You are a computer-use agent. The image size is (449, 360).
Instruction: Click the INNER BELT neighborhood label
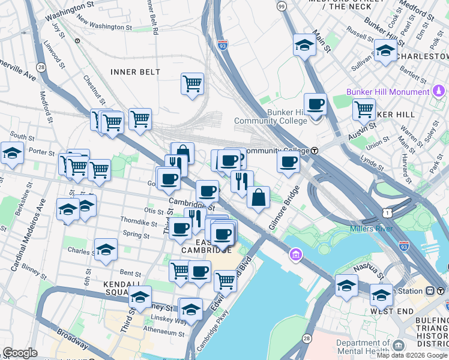pos(135,72)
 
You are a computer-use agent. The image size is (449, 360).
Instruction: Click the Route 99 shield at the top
pos(282,5)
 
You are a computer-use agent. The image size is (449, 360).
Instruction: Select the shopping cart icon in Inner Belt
pos(192,84)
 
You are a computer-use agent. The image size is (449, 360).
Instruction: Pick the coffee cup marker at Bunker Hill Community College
pos(315,104)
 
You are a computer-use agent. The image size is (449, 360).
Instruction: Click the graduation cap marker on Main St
pos(304,45)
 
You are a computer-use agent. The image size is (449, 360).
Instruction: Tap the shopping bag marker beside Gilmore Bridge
pos(258,198)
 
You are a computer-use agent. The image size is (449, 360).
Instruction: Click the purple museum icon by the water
pos(295,256)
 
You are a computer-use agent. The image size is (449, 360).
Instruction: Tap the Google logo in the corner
pos(20,353)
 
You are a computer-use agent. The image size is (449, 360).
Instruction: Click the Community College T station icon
pos(314,150)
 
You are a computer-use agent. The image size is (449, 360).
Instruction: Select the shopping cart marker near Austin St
pos(364,110)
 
